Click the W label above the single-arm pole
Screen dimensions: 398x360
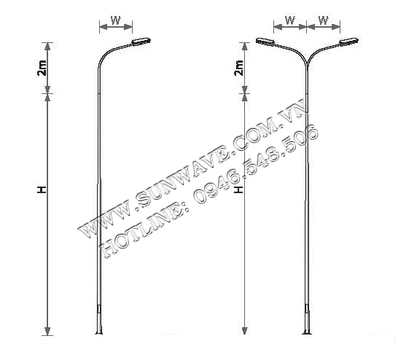[115, 20]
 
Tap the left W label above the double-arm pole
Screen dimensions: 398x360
[290, 20]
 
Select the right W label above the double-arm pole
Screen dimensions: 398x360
[324, 20]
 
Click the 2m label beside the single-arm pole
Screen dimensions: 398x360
[42, 68]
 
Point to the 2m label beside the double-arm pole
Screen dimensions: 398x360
[239, 68]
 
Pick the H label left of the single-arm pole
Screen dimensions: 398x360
[42, 189]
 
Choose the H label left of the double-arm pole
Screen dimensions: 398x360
[238, 189]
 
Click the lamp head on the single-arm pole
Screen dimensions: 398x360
[141, 42]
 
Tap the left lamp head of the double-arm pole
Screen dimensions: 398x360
[265, 42]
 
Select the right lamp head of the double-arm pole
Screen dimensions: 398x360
[349, 42]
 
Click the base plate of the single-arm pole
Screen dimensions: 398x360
[99, 333]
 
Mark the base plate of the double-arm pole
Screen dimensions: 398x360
[307, 333]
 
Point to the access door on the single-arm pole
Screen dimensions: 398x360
[99, 309]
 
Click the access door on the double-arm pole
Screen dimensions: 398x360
[307, 309]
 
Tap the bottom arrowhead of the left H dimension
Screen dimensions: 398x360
[47, 331]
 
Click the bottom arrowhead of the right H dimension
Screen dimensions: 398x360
[244, 331]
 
